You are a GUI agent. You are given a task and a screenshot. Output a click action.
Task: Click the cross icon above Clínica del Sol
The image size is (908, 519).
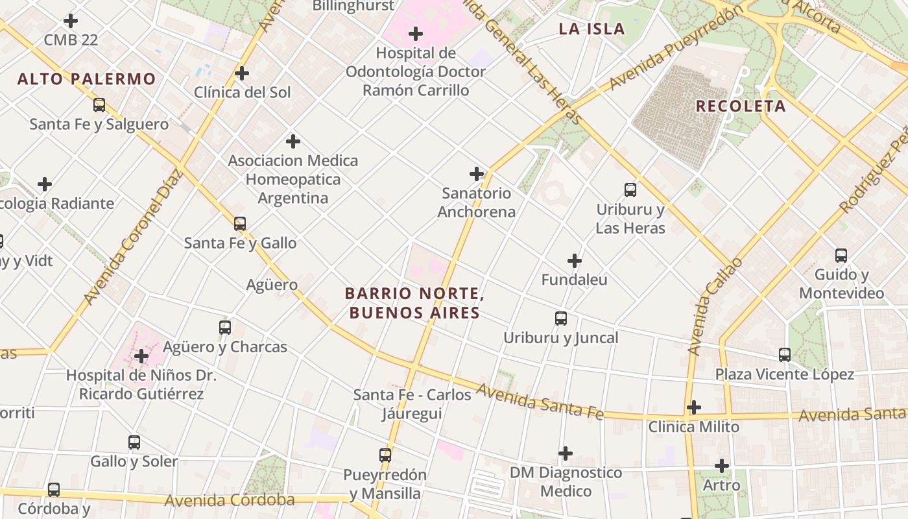tap(242, 73)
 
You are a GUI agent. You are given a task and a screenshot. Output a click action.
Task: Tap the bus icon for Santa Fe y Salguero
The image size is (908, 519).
tap(99, 105)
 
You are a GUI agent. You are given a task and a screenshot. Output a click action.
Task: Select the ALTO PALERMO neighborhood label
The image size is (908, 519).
tap(86, 79)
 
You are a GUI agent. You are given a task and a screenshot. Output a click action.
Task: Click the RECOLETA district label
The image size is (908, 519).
tap(741, 106)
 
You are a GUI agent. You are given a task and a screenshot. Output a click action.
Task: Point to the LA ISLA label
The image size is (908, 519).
tap(591, 29)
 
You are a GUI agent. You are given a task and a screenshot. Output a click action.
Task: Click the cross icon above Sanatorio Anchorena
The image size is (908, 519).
tap(477, 174)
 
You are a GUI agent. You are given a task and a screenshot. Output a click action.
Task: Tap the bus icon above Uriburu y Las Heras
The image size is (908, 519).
tap(630, 190)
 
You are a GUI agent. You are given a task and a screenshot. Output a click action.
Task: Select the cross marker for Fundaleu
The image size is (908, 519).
tap(575, 261)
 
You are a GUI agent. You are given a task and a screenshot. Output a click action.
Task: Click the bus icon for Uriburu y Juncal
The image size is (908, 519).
tap(561, 319)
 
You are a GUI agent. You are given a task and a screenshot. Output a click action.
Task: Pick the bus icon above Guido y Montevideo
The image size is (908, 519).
tap(841, 256)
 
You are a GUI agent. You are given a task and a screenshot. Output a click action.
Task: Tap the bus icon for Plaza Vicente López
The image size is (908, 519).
tap(785, 355)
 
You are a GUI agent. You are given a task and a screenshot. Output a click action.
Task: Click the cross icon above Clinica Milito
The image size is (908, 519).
tap(694, 407)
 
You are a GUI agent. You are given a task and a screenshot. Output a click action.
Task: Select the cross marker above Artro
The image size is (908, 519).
tap(722, 466)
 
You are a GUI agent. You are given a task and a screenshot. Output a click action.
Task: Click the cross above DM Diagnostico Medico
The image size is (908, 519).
tap(566, 453)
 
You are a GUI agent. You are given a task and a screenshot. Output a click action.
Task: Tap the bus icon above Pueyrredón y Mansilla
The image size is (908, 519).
tap(385, 455)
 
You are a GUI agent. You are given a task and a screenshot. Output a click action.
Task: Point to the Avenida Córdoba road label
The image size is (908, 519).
tap(229, 500)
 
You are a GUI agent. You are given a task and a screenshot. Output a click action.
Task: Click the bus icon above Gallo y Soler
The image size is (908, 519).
tap(134, 442)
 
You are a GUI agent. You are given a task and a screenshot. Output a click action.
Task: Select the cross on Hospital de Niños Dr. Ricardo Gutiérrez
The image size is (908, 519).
tap(141, 356)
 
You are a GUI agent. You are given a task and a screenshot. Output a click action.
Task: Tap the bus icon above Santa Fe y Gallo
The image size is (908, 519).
tap(240, 224)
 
